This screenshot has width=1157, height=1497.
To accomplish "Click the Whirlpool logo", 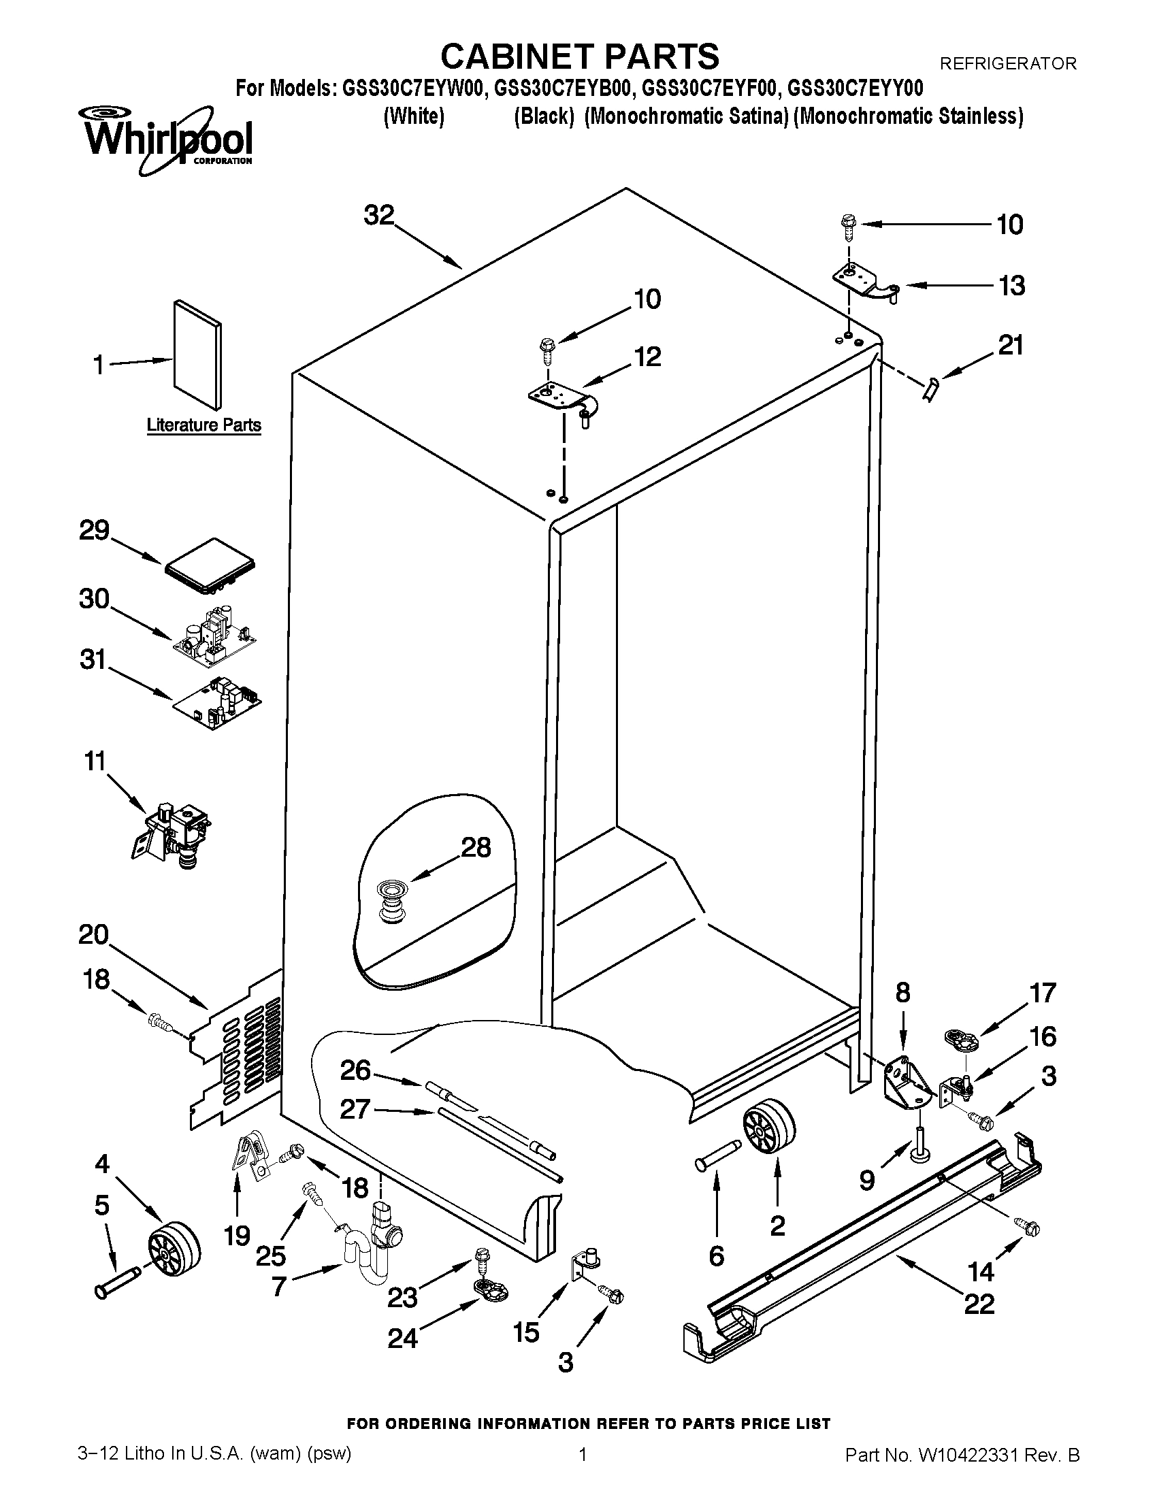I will (x=167, y=139).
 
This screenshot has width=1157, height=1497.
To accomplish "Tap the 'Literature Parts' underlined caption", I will (x=203, y=425).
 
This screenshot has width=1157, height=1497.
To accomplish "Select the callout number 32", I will (x=379, y=216).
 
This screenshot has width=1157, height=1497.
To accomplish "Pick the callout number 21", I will (x=1010, y=345).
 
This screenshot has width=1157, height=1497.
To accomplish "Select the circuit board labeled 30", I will (x=215, y=632).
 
